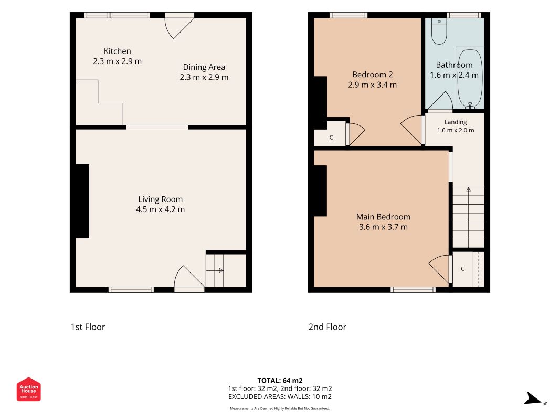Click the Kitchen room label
coord(117,51)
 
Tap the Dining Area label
coord(204,67)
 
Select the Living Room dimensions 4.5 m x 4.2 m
coord(161,209)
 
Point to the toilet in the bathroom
coord(439,31)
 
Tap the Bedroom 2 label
coord(373,75)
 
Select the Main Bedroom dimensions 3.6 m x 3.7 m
coord(383,227)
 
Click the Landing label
coord(456,122)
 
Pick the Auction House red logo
coord(28,389)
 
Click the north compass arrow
coord(533,398)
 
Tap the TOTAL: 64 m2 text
coord(280,380)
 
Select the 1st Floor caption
coord(88,327)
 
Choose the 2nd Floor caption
coord(327,327)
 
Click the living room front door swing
coord(189,277)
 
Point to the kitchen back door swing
coord(179,28)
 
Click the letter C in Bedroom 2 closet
coord(331,138)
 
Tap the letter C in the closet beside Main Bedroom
coord(462,269)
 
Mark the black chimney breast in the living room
coord(82,201)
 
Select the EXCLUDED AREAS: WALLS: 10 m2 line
coord(280,397)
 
